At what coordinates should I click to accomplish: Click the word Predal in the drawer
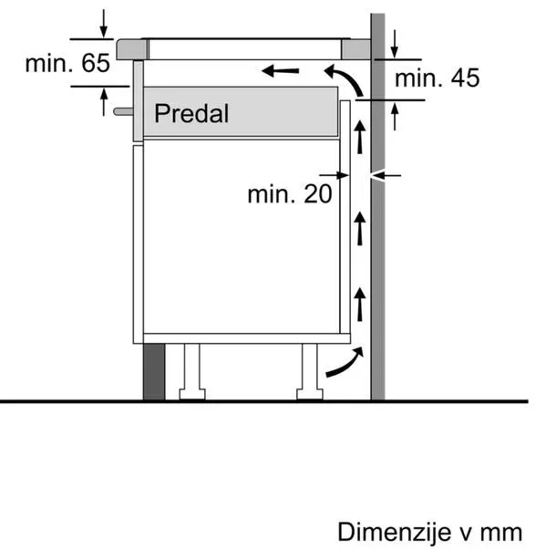click(191, 113)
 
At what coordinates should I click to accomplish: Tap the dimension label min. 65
click(67, 63)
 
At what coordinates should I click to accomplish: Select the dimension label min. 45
click(437, 78)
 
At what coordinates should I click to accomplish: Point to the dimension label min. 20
click(290, 193)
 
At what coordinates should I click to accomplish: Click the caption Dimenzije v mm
click(430, 532)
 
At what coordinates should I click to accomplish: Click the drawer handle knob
click(123, 111)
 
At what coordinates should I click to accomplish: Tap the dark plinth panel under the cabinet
click(154, 371)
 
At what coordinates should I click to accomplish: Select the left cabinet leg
click(192, 371)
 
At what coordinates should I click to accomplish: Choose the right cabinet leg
click(310, 371)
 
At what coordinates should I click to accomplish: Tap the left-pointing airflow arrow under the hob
click(281, 71)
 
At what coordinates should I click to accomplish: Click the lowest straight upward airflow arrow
click(359, 305)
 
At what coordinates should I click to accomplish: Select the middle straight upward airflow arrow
click(359, 229)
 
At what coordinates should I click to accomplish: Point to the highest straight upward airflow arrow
click(359, 137)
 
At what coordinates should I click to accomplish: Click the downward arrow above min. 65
click(103, 23)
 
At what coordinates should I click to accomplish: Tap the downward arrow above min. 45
click(395, 44)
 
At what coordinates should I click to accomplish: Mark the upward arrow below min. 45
click(395, 117)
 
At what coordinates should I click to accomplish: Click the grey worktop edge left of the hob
click(131, 49)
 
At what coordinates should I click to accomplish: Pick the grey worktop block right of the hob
click(356, 49)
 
